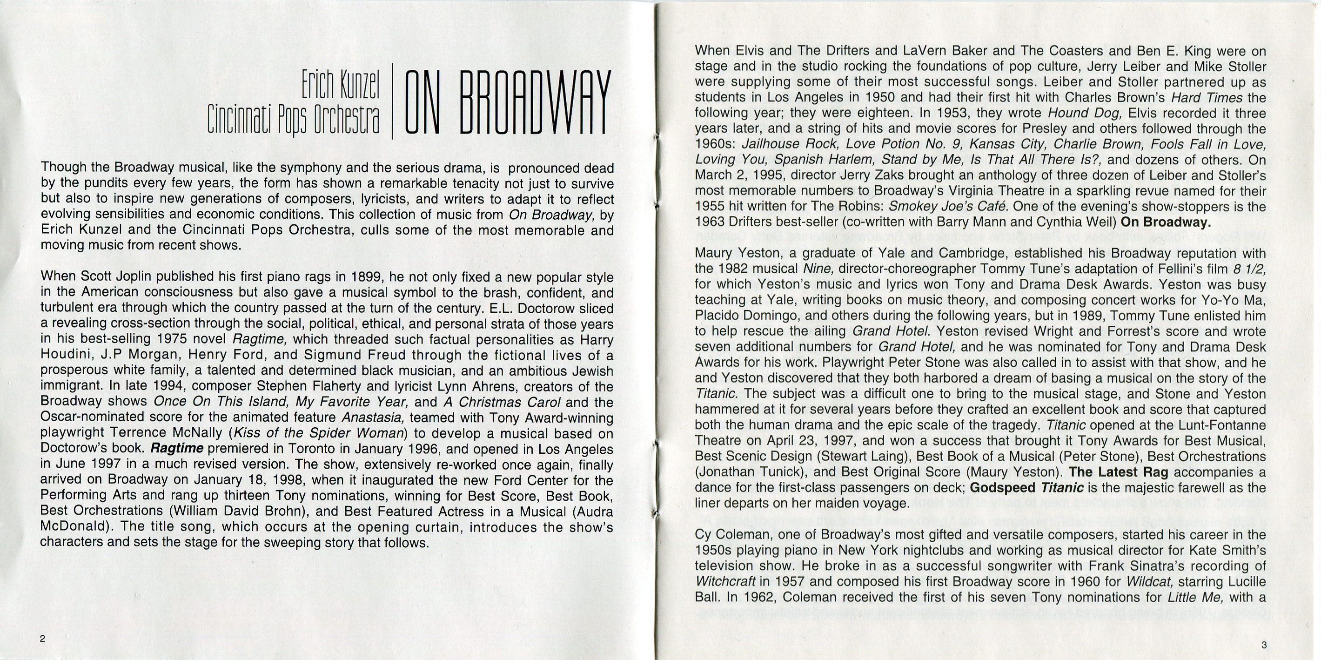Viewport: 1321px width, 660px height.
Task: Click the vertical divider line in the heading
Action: [x=392, y=101]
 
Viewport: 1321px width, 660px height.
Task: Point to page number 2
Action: [x=42, y=639]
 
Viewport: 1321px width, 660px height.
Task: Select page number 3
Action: [x=1264, y=645]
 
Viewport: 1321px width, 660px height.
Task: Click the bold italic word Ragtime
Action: [x=176, y=449]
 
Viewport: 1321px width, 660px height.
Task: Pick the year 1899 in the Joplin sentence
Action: [x=368, y=277]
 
